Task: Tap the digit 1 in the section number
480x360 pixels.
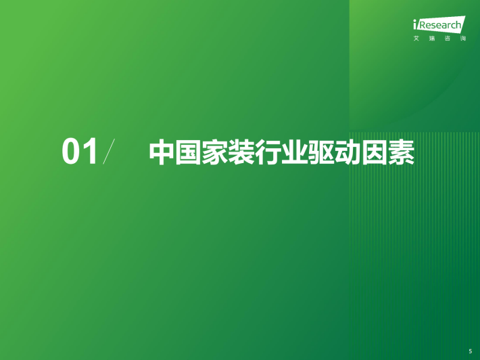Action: [91, 151]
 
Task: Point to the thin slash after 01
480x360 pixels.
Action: [109, 152]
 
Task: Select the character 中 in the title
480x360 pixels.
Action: [162, 152]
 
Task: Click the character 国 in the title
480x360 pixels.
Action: [188, 152]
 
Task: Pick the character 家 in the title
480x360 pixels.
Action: [214, 152]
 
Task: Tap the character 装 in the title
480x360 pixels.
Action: [241, 152]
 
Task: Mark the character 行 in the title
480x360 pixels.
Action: [268, 152]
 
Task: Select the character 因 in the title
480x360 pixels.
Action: [375, 152]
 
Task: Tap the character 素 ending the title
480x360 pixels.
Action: [401, 152]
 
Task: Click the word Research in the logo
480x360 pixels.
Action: [439, 25]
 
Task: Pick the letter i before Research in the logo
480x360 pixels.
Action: [415, 24]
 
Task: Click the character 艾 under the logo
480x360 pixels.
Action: [416, 39]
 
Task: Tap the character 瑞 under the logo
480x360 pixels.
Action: [432, 39]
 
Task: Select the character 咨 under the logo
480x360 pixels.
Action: [448, 39]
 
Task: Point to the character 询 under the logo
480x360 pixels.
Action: [463, 39]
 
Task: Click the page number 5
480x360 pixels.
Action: [471, 351]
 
